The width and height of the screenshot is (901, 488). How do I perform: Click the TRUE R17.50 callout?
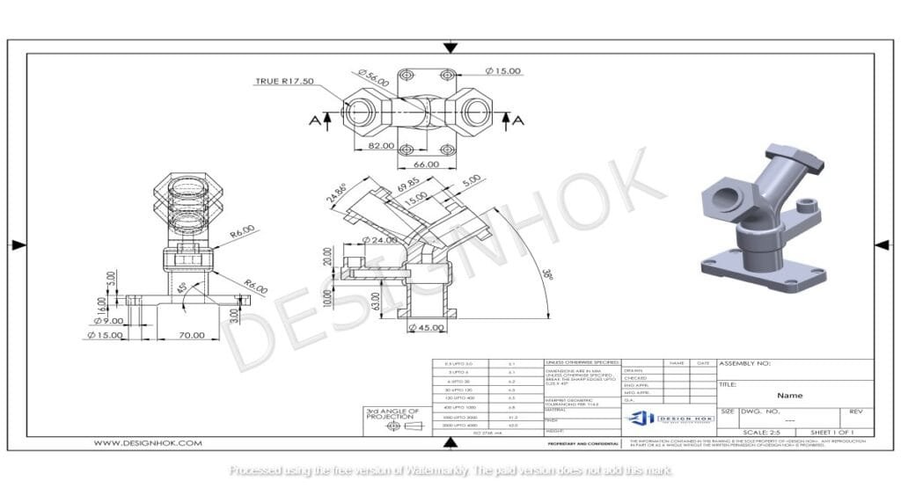click(284, 81)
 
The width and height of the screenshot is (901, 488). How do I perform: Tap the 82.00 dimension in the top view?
click(382, 145)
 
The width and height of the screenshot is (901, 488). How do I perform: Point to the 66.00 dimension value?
click(426, 164)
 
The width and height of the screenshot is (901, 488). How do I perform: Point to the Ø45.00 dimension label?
click(427, 328)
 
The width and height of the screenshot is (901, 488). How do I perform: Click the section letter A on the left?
click(314, 120)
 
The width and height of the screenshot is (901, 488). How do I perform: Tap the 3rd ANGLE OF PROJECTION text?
click(393, 414)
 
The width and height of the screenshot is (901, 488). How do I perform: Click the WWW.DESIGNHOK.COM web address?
click(148, 443)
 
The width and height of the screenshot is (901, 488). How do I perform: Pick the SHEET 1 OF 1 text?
click(833, 432)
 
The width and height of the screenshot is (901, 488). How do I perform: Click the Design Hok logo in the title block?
click(670, 418)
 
